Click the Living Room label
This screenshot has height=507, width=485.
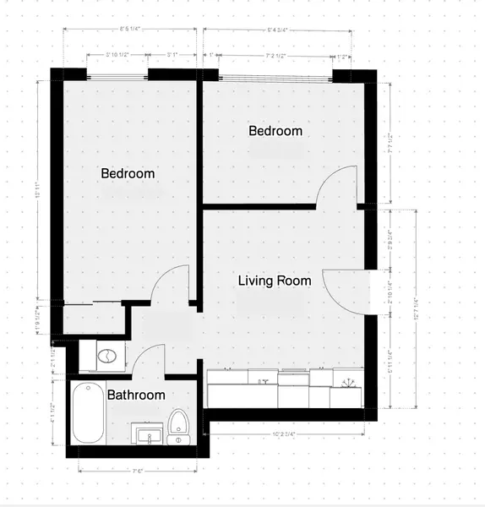click(274, 281)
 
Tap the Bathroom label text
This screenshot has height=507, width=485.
click(136, 395)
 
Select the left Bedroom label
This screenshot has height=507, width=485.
click(128, 173)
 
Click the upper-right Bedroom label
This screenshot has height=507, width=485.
click(275, 131)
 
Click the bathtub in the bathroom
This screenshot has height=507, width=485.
click(87, 414)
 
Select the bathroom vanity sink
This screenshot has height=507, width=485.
click(149, 436)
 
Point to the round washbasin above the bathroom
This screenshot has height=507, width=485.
click(106, 356)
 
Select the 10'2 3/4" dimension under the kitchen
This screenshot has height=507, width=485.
click(288, 436)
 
